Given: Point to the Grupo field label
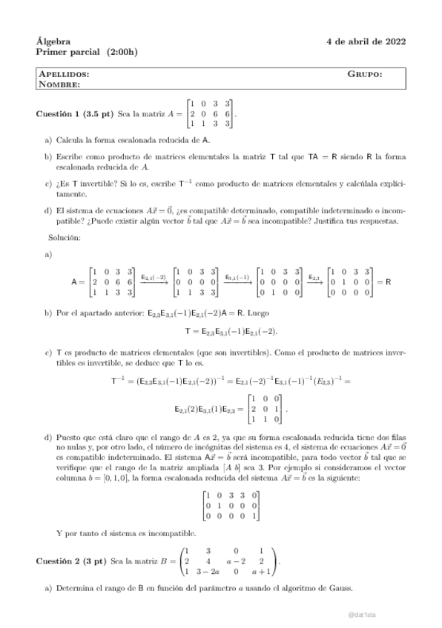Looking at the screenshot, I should (x=365, y=75).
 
